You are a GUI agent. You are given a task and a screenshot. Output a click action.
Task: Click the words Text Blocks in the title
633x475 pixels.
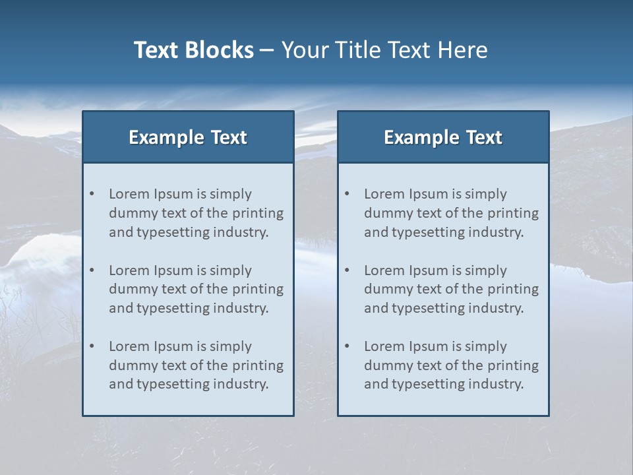pyautogui.click(x=194, y=50)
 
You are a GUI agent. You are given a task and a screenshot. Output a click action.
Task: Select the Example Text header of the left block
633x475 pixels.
pyautogui.click(x=188, y=137)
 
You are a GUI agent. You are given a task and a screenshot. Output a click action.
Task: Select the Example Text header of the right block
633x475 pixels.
pyautogui.click(x=443, y=137)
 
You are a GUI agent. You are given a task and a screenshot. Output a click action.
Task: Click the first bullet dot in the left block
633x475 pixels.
pyautogui.click(x=92, y=194)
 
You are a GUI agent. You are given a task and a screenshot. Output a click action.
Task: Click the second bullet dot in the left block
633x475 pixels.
pyautogui.click(x=92, y=270)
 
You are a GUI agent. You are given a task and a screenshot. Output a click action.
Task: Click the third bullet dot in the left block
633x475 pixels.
pyautogui.click(x=92, y=346)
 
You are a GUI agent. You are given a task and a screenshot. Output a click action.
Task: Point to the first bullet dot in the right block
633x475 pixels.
pyautogui.click(x=347, y=194)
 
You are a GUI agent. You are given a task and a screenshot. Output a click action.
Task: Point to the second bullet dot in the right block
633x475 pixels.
pyautogui.click(x=347, y=270)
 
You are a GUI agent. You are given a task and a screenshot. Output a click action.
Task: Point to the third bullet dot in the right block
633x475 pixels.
pyautogui.click(x=347, y=346)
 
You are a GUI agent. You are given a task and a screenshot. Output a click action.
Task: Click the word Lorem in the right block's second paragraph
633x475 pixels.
pyautogui.click(x=384, y=270)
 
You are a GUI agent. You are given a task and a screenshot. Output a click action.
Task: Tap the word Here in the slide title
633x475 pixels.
pyautogui.click(x=464, y=50)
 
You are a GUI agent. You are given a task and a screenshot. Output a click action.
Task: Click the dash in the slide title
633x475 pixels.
pyautogui.click(x=267, y=51)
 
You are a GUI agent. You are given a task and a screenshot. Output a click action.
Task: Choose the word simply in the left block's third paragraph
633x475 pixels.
pyautogui.click(x=229, y=347)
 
